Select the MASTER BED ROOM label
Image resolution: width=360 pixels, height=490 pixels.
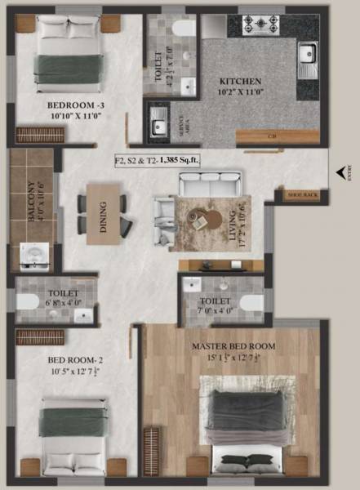[233, 346]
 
